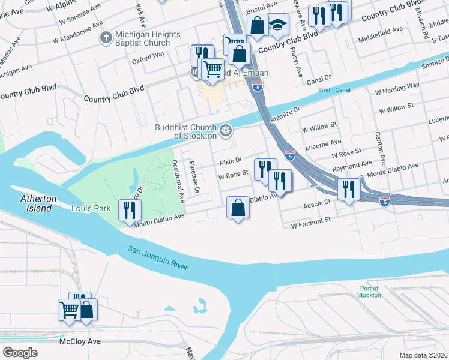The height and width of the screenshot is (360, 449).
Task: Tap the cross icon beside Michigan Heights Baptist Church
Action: pyautogui.click(x=106, y=38)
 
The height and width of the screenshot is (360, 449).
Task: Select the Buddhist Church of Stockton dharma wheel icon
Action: pyautogui.click(x=226, y=130)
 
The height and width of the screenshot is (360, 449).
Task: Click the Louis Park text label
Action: pyautogui.click(x=91, y=209)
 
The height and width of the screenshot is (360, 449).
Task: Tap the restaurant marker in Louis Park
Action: pyautogui.click(x=130, y=210)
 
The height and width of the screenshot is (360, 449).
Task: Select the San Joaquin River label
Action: pyautogui.click(x=157, y=259)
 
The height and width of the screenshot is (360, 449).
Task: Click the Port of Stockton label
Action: pyautogui.click(x=369, y=292)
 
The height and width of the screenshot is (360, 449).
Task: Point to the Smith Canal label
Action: pyautogui.click(x=334, y=90)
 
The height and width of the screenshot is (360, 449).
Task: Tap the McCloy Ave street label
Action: pyautogui.click(x=80, y=341)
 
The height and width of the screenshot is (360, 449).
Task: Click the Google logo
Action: pyautogui.click(x=20, y=353)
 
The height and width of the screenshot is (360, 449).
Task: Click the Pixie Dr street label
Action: pyautogui.click(x=230, y=161)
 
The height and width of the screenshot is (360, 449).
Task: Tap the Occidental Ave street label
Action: pyautogui.click(x=178, y=179)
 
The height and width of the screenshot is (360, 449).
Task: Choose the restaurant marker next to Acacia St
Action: pyautogui.click(x=348, y=190)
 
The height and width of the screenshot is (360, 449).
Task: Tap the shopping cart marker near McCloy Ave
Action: pyautogui.click(x=69, y=310)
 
